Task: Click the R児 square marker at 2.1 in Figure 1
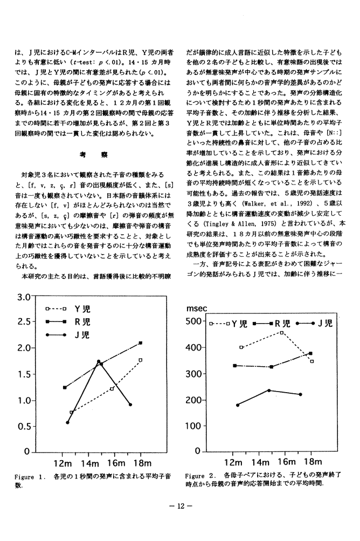coord(140,343)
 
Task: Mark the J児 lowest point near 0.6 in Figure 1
coord(68,422)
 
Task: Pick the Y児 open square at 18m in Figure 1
coord(140,360)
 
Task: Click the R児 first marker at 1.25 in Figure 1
coord(65,387)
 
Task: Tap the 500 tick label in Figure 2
coord(192,323)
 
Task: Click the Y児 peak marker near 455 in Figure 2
coord(282,333)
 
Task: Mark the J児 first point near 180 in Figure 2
coord(238,405)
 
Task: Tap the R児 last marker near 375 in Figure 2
coord(311,353)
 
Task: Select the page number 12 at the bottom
coord(180,507)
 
